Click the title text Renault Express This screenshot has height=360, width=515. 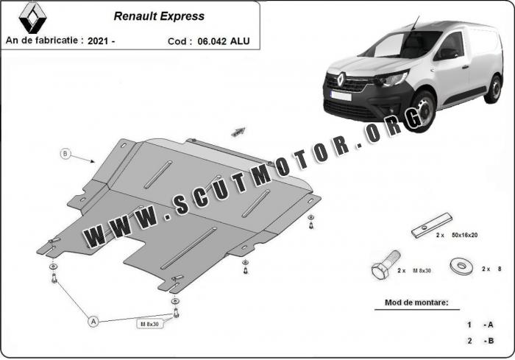(x=159, y=15)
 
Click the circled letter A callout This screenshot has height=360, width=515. (x=93, y=321)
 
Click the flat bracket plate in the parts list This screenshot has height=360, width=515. (x=430, y=226)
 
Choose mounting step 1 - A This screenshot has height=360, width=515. (x=479, y=325)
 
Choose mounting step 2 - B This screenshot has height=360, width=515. (x=479, y=341)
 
